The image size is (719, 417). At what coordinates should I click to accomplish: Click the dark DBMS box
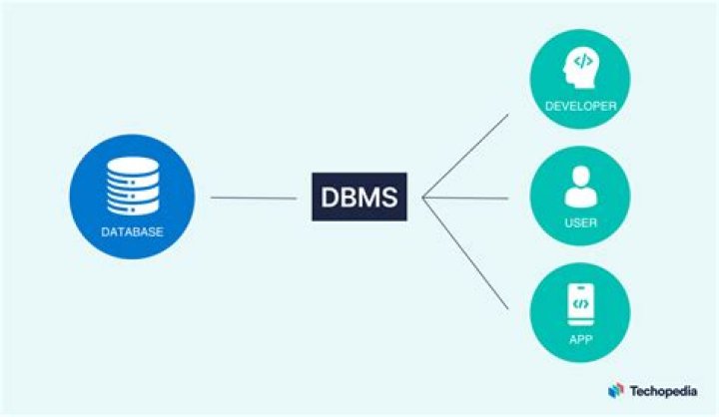359,197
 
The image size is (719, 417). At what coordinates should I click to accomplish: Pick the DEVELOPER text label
579,106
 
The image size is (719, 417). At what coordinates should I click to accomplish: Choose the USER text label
579,222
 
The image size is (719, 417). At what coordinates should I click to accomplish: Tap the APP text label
579,339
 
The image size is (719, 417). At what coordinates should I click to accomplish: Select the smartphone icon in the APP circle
579,302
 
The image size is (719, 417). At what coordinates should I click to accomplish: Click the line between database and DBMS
254,198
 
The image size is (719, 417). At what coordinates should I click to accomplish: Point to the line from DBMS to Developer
466,155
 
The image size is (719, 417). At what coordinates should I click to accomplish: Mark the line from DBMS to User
466,198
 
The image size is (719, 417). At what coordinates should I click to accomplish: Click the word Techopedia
664,392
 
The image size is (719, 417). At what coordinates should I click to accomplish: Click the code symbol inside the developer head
583,62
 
